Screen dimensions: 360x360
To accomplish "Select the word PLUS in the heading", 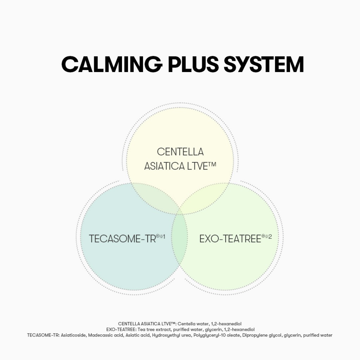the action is coord(193,64).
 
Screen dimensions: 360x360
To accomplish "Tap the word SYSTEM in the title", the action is coord(264,64).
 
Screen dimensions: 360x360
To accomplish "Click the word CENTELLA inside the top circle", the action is coord(180,152).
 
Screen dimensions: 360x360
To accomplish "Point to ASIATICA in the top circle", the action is coord(165,166).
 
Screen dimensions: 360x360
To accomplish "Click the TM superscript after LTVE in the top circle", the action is coord(212,164).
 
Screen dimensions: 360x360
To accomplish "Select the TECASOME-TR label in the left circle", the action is coord(122,239).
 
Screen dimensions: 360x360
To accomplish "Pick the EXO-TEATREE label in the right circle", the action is coord(230,239).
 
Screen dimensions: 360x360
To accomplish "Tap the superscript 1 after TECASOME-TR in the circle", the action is coord(164,236).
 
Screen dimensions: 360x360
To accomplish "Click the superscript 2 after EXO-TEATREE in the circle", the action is coord(270,236).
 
